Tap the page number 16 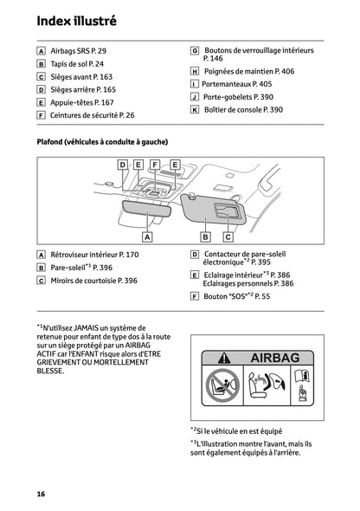click(41, 494)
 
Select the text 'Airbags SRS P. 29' click(80, 51)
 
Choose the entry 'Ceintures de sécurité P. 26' click(93, 114)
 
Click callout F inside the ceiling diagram click(154, 165)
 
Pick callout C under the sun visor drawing click(228, 236)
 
